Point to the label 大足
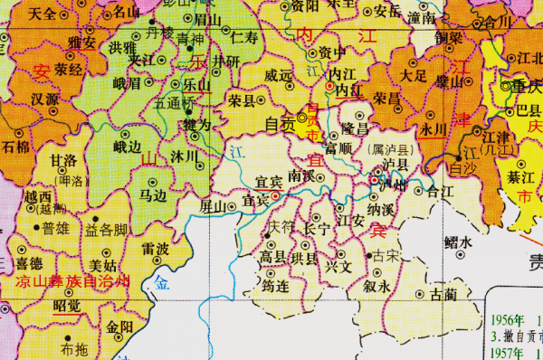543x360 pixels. pyautogui.click(x=414, y=75)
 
